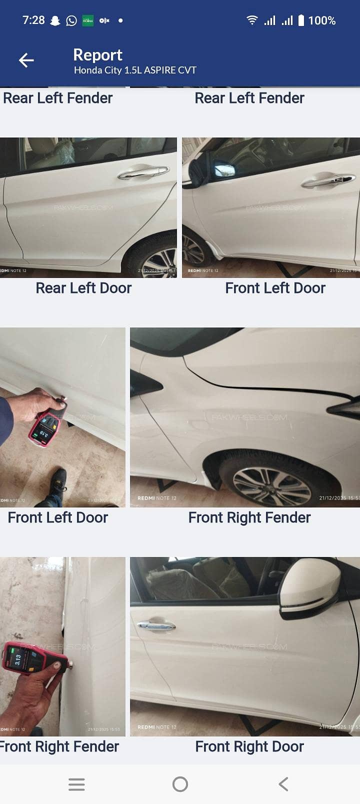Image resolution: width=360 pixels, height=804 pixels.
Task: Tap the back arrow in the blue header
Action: (26, 60)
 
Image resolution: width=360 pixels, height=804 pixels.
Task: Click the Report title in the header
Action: (97, 54)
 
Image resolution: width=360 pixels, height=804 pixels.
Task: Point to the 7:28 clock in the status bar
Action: (33, 20)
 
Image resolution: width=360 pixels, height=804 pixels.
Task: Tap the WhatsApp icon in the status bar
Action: (71, 20)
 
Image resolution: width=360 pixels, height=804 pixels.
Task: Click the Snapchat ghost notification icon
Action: (55, 20)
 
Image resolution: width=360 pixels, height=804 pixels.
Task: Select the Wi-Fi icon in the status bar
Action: (252, 20)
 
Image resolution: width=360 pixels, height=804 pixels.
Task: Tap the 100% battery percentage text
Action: (321, 20)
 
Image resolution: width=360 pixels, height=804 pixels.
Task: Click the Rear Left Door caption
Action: (83, 288)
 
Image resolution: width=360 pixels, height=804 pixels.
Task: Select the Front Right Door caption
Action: (249, 746)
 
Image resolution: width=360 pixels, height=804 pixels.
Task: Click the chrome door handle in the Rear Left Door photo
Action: (143, 172)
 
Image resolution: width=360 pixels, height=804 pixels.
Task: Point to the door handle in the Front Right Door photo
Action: (156, 624)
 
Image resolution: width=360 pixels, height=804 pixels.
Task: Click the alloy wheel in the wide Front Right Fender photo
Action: (271, 484)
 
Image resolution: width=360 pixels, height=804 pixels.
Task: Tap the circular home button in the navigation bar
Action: (180, 784)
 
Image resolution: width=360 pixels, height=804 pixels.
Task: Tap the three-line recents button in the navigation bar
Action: (76, 784)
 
